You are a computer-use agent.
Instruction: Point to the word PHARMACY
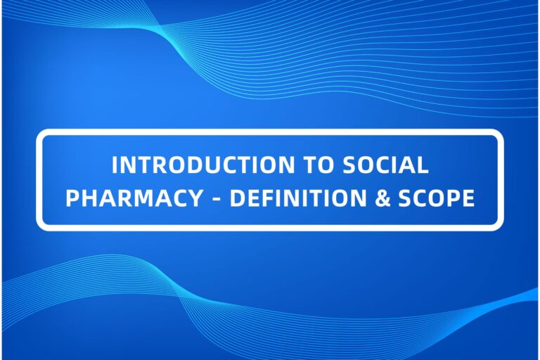pyautogui.click(x=134, y=199)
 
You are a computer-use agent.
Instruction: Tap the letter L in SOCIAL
pyautogui.click(x=423, y=165)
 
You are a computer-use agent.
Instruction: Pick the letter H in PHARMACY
pyautogui.click(x=87, y=199)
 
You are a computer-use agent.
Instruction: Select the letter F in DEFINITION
pyautogui.click(x=265, y=199)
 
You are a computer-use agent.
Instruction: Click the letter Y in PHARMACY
pyautogui.click(x=196, y=199)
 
